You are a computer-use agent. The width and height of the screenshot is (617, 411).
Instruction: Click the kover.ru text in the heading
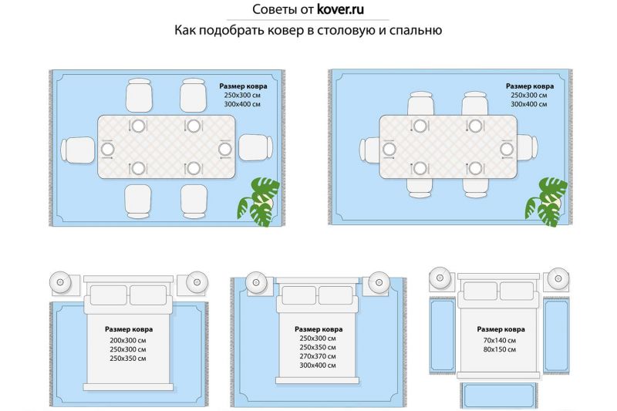[340, 10]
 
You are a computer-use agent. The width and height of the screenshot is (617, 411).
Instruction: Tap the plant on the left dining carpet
[258, 202]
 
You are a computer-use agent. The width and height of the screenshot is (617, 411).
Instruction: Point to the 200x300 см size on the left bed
[128, 340]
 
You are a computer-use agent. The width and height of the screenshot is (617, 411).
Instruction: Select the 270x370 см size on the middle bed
[318, 356]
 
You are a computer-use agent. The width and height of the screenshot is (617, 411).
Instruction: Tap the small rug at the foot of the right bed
[498, 396]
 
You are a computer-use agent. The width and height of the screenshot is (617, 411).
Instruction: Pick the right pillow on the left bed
[148, 295]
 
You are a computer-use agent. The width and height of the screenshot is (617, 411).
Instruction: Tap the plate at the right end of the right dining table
[507, 149]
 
